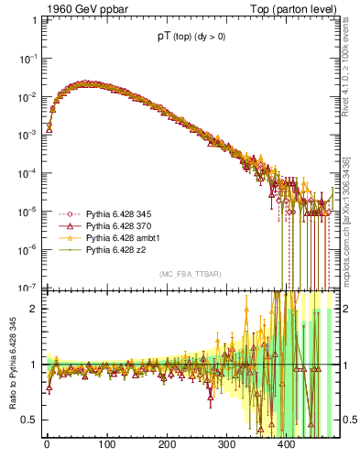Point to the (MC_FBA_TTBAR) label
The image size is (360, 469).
188,275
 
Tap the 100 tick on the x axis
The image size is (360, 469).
106,446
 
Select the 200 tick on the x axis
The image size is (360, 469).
167,446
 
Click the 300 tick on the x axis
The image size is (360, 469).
227,446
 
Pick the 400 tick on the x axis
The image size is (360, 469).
287,446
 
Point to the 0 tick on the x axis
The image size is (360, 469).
47,446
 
